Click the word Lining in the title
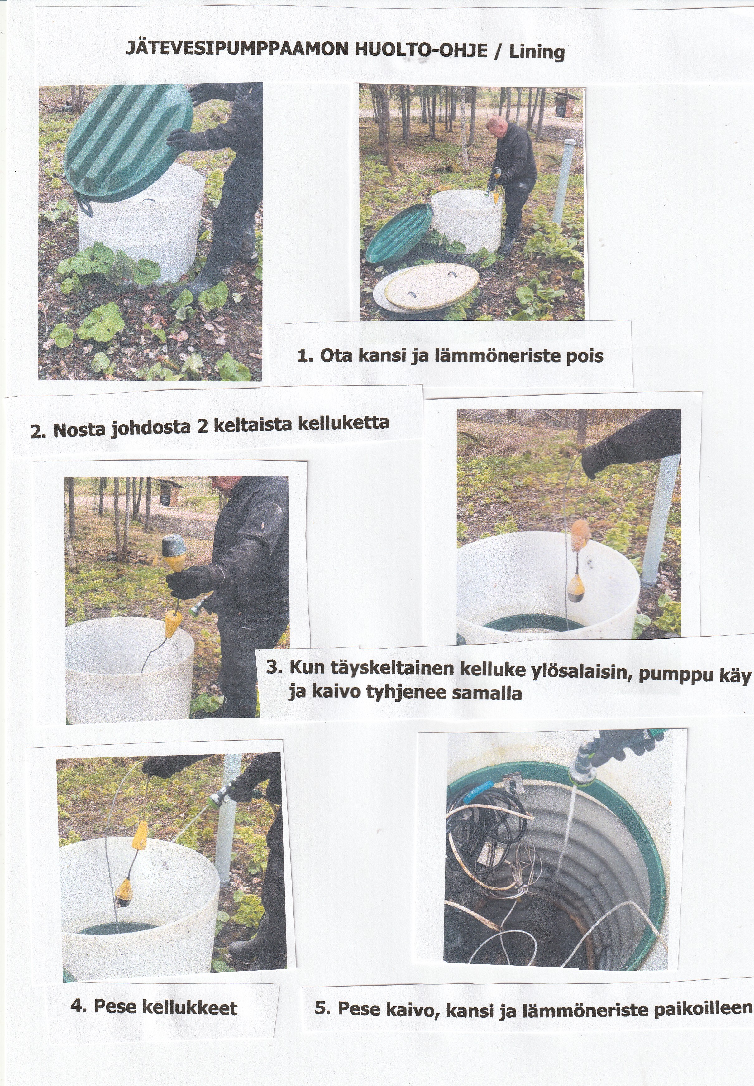(x=537, y=51)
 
